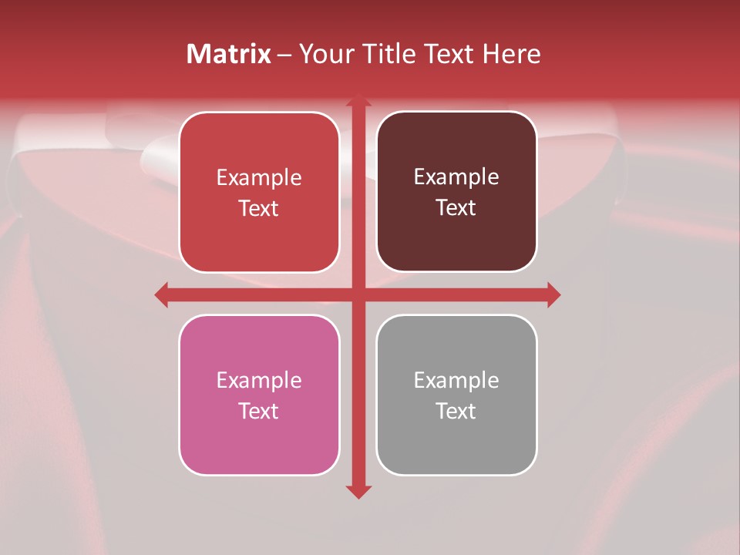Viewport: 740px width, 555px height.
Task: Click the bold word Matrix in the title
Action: tap(229, 54)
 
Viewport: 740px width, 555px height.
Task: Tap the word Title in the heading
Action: tap(391, 54)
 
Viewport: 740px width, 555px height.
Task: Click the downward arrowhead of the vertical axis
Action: tap(358, 491)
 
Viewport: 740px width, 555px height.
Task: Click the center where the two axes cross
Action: tap(358, 294)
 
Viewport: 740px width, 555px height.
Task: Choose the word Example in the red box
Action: tap(259, 177)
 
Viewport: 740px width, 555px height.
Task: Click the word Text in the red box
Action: tap(259, 208)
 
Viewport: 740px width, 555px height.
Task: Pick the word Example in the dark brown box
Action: tap(456, 177)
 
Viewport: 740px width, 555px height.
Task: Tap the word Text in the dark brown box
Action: tap(456, 207)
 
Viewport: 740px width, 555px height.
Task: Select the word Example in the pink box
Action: tap(259, 380)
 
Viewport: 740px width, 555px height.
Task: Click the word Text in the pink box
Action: tap(259, 411)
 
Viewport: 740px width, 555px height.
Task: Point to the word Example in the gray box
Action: tap(456, 380)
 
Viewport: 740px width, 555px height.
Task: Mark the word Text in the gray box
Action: tap(456, 411)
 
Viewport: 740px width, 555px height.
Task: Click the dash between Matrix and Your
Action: tap(284, 55)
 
